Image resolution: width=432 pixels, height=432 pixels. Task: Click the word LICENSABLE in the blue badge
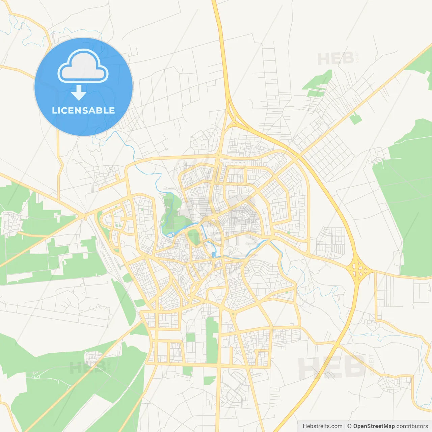(x=83, y=110)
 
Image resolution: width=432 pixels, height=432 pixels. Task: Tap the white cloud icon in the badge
(x=83, y=65)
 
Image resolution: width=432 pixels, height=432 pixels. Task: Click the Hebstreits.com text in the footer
(x=322, y=426)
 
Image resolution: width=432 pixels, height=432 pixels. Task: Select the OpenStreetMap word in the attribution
(x=374, y=426)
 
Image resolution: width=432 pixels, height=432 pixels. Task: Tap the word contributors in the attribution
(x=412, y=426)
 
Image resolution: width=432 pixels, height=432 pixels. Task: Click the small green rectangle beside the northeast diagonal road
(x=355, y=119)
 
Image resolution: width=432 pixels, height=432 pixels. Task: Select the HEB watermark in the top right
(x=335, y=59)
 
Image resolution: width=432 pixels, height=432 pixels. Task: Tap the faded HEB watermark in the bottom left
(x=88, y=367)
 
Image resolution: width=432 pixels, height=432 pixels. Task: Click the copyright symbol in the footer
(x=349, y=426)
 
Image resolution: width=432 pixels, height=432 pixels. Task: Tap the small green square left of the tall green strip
(x=190, y=337)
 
